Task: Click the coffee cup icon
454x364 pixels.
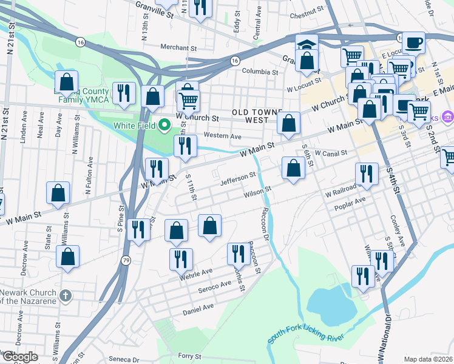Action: click(x=413, y=42)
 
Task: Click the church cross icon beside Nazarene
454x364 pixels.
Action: click(x=66, y=295)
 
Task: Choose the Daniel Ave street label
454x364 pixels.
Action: click(x=198, y=309)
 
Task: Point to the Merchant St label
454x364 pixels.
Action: click(x=180, y=47)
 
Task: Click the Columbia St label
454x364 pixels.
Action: click(x=260, y=72)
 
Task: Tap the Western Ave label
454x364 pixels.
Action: click(x=223, y=136)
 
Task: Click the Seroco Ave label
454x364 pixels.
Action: click(x=215, y=286)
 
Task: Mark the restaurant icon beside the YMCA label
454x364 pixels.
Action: click(x=124, y=93)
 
